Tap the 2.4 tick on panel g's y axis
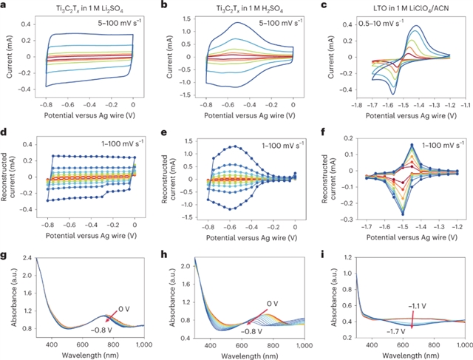[21, 258]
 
